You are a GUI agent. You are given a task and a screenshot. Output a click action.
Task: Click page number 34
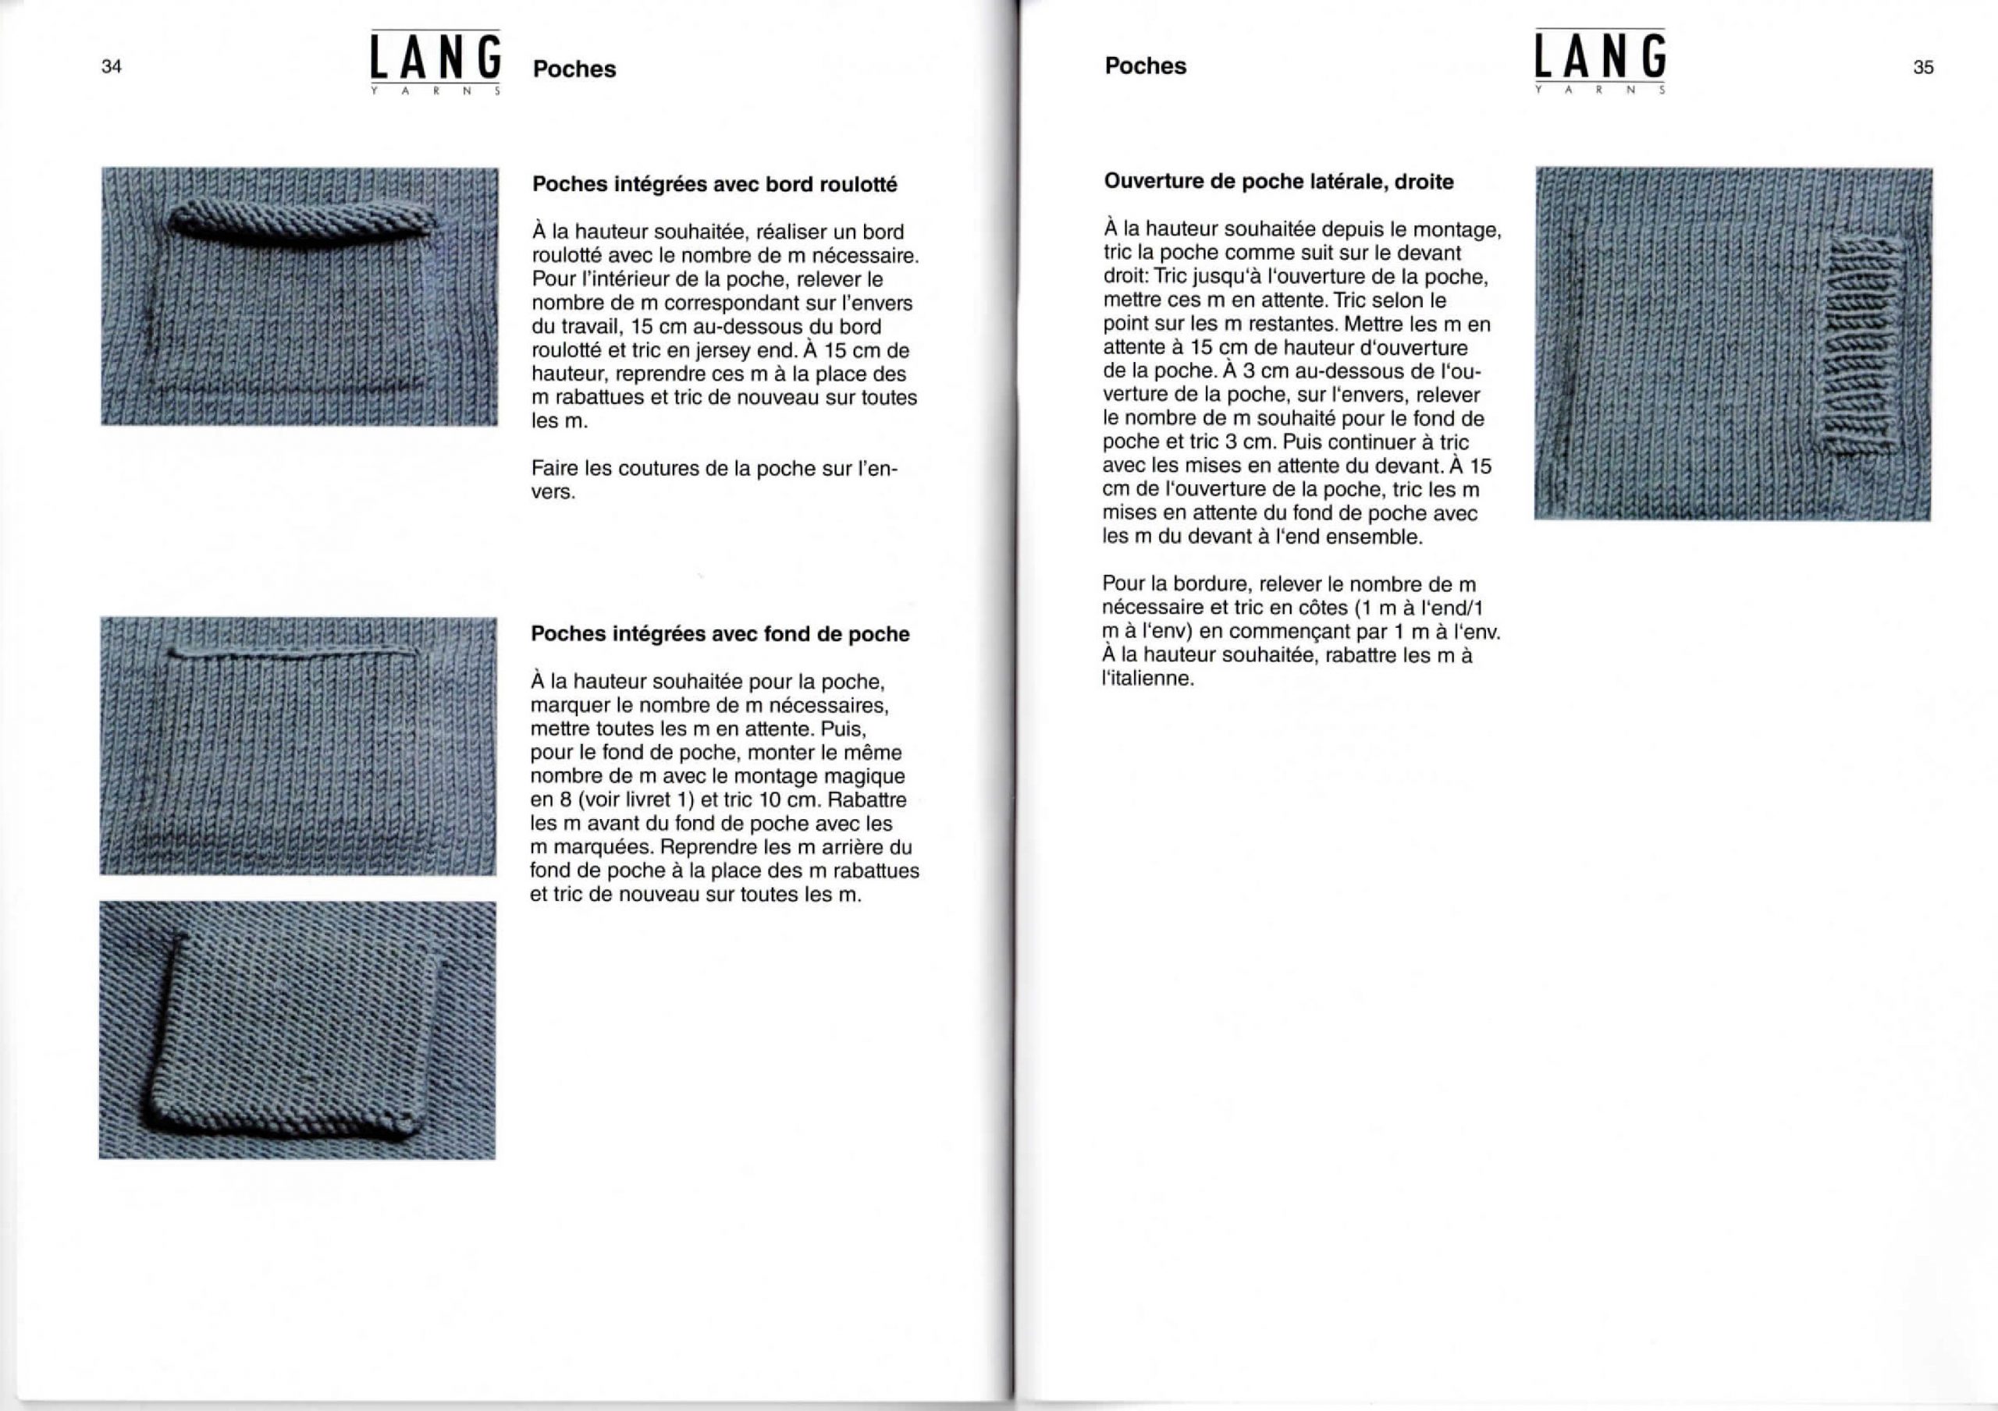tap(112, 66)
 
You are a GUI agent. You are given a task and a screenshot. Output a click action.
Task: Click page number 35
tap(1923, 67)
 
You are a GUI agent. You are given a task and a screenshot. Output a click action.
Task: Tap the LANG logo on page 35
tap(1599, 59)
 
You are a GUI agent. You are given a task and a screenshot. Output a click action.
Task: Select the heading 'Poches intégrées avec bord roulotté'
tap(713, 184)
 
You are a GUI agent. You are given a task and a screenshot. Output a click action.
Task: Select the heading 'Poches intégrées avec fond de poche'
tap(720, 634)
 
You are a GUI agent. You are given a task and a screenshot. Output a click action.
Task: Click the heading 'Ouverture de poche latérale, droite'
tap(1278, 182)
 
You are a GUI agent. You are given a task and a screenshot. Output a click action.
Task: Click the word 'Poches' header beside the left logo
tap(574, 69)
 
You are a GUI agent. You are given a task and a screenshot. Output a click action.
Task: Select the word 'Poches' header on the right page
tap(1145, 66)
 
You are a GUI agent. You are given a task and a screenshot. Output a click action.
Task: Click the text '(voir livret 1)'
tap(638, 799)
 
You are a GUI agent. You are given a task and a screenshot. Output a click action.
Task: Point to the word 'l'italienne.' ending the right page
tap(1148, 679)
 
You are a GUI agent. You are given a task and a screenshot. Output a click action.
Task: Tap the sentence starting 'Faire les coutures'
tap(713, 480)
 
